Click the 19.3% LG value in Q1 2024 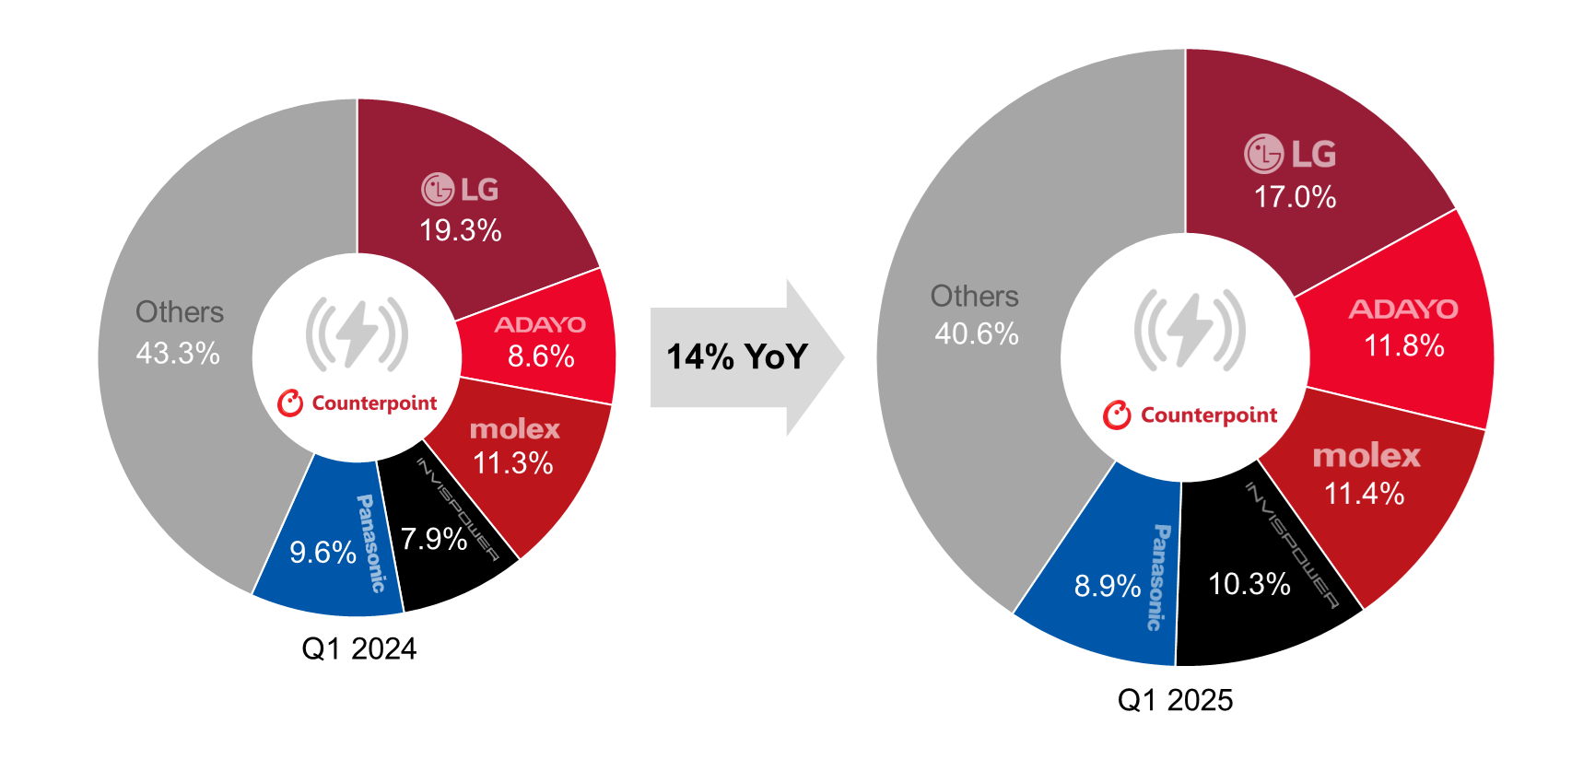click(x=460, y=230)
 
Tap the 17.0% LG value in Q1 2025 click(x=1295, y=196)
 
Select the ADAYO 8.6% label click(x=541, y=356)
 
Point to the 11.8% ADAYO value click(x=1403, y=345)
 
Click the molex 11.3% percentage click(x=512, y=462)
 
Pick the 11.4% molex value click(x=1364, y=494)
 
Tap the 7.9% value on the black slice click(x=433, y=539)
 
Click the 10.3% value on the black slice click(x=1249, y=583)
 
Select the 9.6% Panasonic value click(x=323, y=552)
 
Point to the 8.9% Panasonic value click(x=1108, y=586)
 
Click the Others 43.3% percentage click(x=178, y=353)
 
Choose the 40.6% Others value click(x=977, y=333)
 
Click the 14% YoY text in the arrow click(x=737, y=356)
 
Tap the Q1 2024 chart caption click(x=359, y=648)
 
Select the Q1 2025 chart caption click(x=1175, y=700)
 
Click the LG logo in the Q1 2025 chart click(x=1290, y=154)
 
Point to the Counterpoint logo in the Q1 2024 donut click(x=357, y=403)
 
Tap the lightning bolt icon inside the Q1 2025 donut click(x=1190, y=330)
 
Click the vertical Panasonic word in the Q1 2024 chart click(x=370, y=543)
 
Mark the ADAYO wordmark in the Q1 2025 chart click(x=1403, y=309)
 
